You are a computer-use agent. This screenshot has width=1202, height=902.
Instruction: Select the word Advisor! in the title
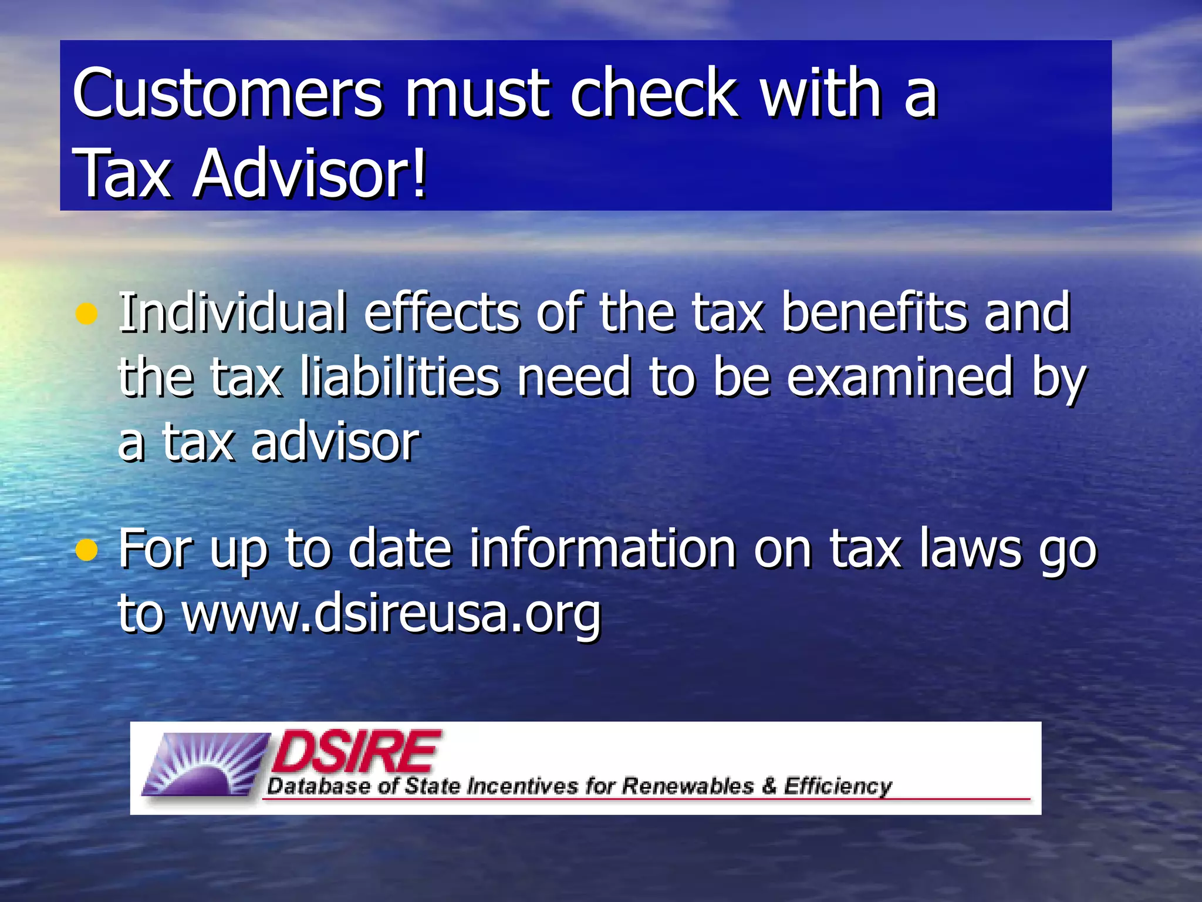(310, 174)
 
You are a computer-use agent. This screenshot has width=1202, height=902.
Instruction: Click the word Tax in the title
(123, 174)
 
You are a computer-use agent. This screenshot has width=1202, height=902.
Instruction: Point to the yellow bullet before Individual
(86, 314)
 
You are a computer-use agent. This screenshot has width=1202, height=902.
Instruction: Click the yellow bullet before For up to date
(86, 550)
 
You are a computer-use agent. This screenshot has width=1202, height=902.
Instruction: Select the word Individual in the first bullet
(232, 312)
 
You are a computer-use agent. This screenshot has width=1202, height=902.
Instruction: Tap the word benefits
(875, 312)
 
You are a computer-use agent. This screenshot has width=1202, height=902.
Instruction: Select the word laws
(970, 549)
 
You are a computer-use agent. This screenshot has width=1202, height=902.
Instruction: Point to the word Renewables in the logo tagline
(687, 786)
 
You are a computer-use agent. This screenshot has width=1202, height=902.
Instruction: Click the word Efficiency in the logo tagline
(838, 786)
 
